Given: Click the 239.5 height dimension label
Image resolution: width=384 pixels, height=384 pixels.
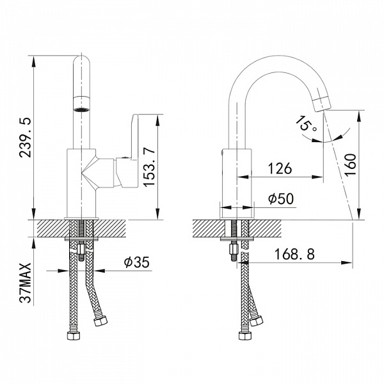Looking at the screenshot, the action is pos(26,138).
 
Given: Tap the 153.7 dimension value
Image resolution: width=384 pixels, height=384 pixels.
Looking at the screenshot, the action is pos(149,168).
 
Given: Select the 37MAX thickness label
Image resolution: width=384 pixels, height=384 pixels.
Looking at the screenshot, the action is pos(26,283).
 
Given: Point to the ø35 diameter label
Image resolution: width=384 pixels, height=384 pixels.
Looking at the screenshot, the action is pos(136,262).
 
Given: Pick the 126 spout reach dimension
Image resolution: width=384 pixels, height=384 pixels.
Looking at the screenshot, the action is pos(280,168).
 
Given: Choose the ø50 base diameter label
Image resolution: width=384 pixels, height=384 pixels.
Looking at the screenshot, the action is pos(281,198).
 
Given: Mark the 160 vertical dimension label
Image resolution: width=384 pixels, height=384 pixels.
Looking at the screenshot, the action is pos(350,164).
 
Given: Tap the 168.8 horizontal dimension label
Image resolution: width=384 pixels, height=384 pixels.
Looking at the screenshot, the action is pos(294,254).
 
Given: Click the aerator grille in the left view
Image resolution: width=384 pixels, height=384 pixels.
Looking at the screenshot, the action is pos(82,109).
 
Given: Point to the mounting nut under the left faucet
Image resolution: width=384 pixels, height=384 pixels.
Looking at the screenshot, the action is pos(81,250).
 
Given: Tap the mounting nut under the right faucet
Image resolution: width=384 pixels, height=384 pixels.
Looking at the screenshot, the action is pos(234,250).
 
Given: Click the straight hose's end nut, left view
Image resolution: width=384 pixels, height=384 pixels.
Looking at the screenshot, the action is pos(74,335).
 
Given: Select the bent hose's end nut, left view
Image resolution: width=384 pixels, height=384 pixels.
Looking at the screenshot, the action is pos(100,321).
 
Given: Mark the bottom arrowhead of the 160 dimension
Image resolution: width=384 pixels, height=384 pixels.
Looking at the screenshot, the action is pos(359,214).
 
